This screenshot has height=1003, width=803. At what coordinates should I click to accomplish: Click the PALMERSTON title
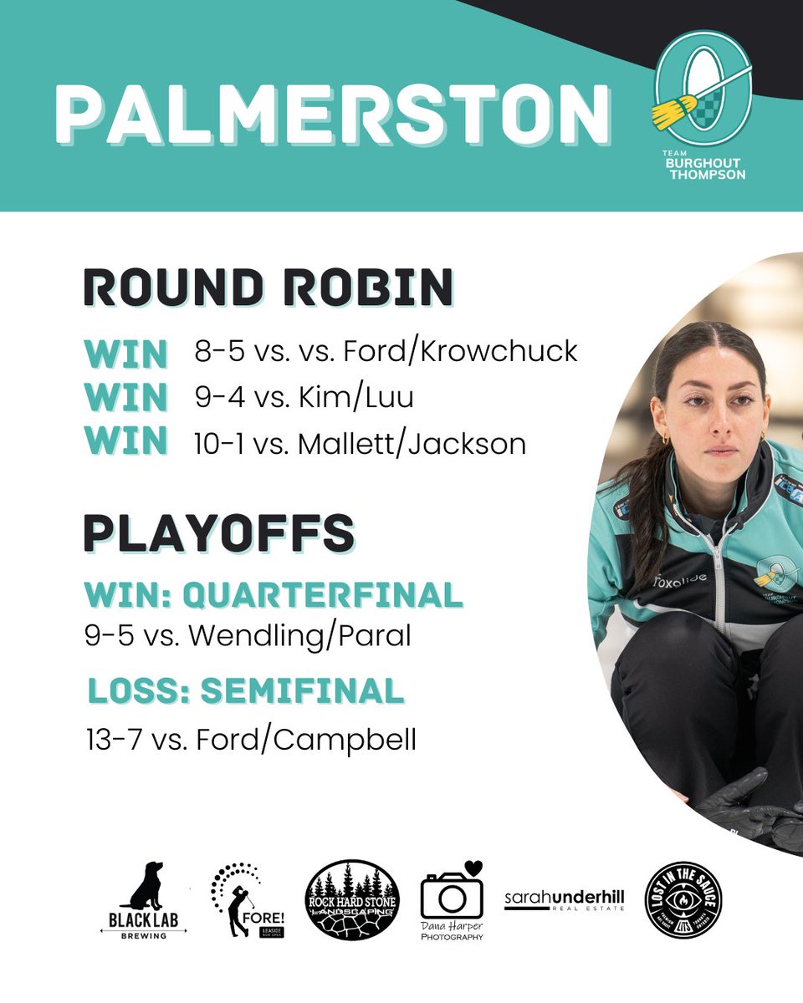click(332, 114)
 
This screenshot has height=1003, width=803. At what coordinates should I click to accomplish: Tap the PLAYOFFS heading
click(218, 533)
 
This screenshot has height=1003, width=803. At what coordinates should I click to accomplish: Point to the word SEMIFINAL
click(303, 691)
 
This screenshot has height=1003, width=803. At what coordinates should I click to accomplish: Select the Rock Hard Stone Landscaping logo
click(352, 900)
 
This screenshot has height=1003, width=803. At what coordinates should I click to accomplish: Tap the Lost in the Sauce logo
click(683, 900)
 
